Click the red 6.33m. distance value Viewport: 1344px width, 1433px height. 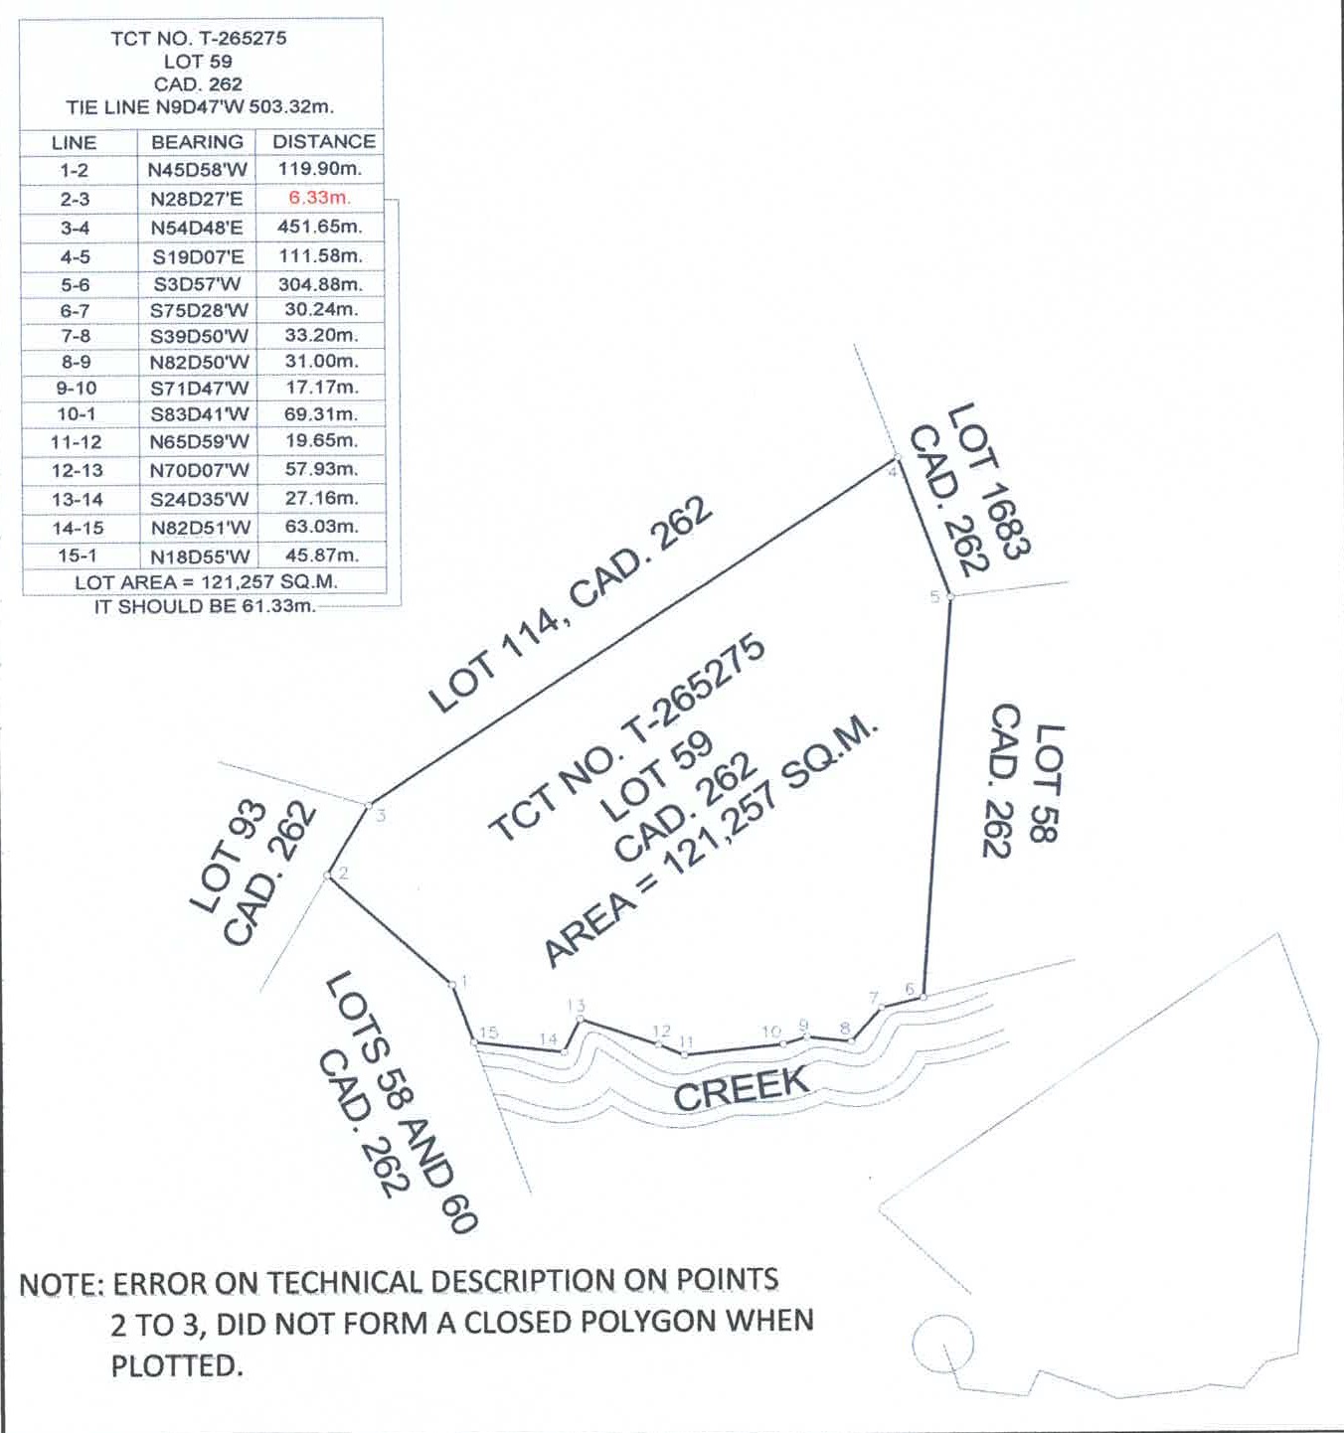(x=320, y=199)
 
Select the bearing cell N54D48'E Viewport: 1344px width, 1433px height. (x=197, y=228)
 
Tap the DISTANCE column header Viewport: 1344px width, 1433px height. (x=324, y=141)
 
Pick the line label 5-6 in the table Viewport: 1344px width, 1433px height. (x=76, y=285)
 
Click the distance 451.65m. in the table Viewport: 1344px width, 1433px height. (x=320, y=228)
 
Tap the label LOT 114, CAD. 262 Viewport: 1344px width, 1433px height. (x=571, y=604)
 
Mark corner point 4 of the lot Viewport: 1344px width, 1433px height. (x=898, y=457)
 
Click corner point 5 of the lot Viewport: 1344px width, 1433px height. (x=950, y=596)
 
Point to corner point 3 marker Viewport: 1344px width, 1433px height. (x=369, y=805)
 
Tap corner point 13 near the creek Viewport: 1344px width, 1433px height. (x=582, y=1019)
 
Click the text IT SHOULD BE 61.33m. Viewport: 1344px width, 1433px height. (x=206, y=606)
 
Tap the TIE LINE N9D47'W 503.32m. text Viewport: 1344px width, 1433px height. (x=200, y=107)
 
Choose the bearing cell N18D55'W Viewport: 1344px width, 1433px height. (x=201, y=557)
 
